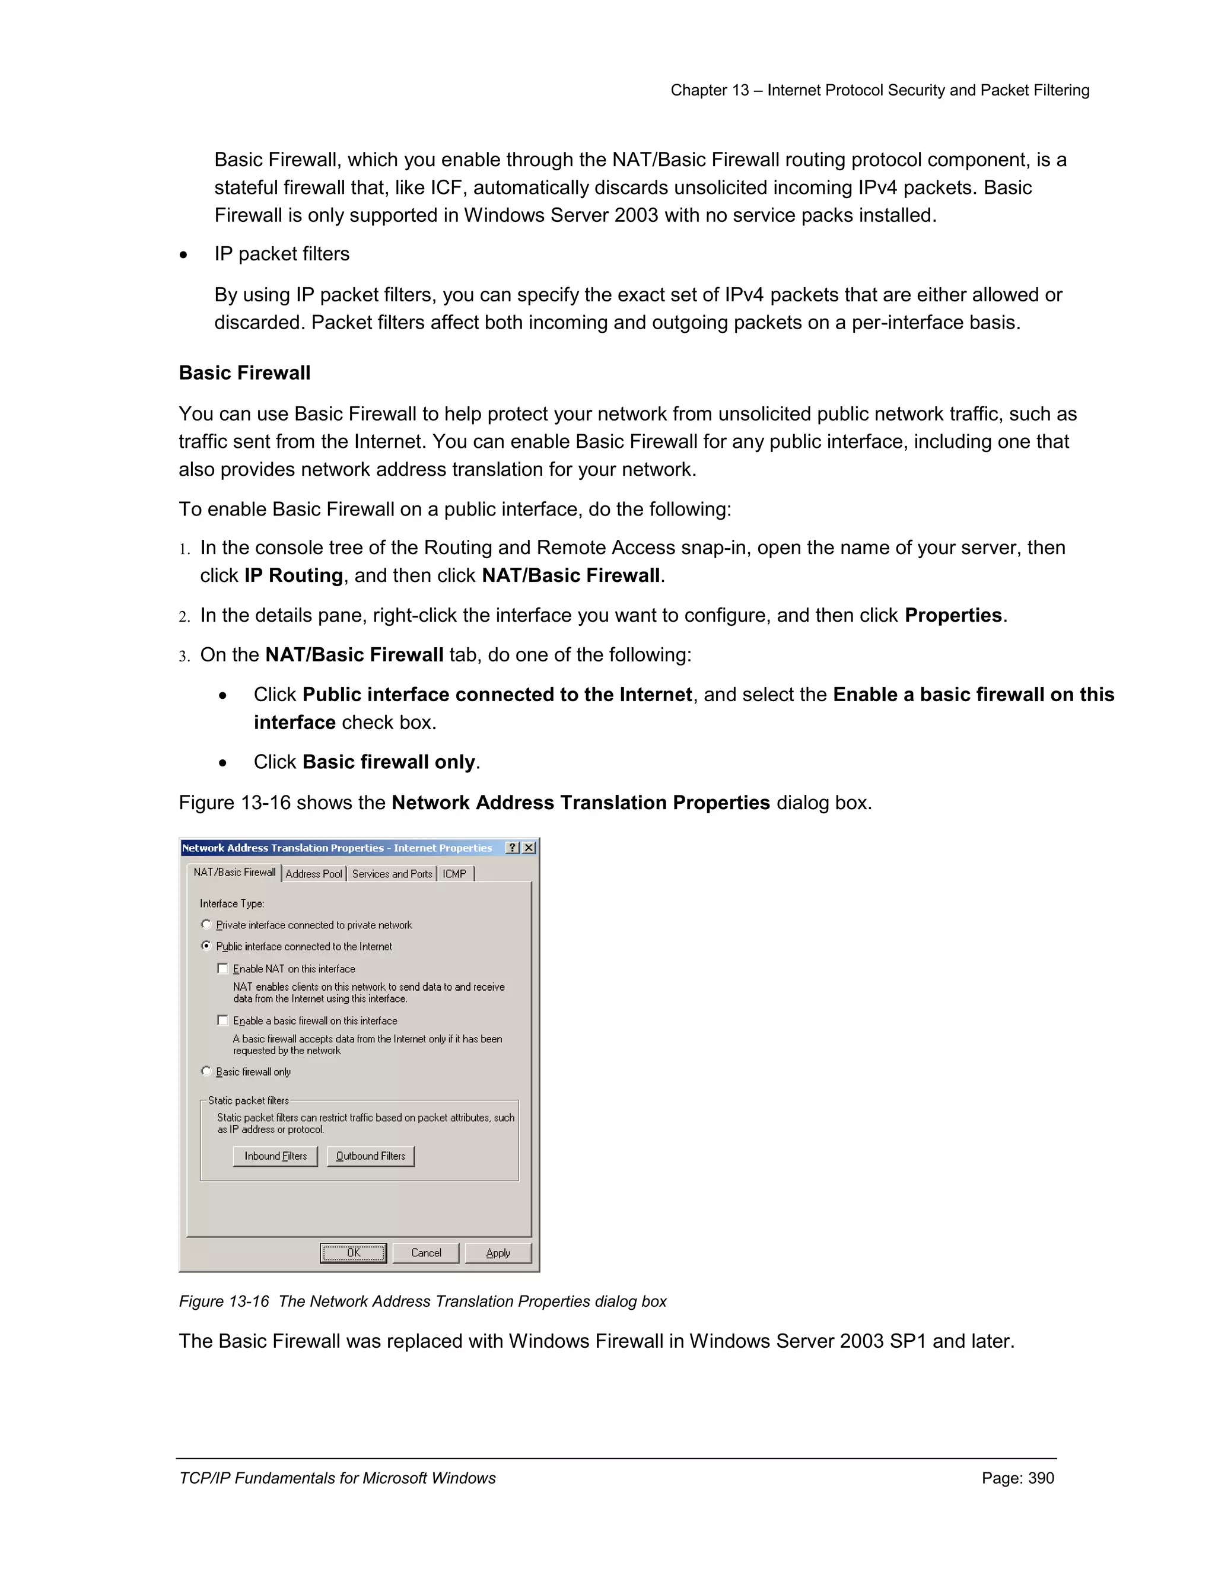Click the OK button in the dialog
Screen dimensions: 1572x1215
(x=353, y=1253)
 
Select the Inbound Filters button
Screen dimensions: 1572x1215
(x=275, y=1156)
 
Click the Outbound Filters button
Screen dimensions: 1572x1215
(x=371, y=1156)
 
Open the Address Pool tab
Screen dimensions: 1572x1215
(x=313, y=874)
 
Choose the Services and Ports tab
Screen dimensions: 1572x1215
(x=392, y=874)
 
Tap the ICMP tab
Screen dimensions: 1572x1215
(x=454, y=874)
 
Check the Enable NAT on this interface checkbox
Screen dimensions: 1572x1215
(x=223, y=969)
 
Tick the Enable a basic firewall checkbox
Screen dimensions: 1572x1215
(x=223, y=1021)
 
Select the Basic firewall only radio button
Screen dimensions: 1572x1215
(x=206, y=1072)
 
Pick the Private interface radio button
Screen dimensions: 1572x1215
(x=206, y=925)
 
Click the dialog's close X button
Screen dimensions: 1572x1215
(x=529, y=848)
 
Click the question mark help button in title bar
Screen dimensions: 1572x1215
(x=513, y=848)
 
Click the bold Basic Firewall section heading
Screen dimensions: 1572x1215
(x=245, y=373)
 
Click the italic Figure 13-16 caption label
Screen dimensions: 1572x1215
(x=224, y=1301)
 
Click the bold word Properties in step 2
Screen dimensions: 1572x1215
(x=953, y=615)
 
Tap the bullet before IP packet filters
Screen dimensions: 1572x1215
(x=185, y=255)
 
